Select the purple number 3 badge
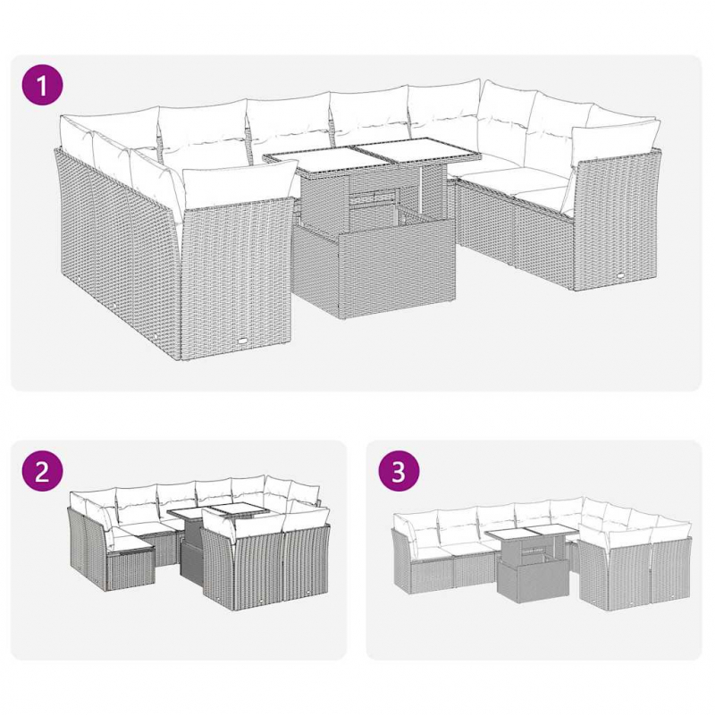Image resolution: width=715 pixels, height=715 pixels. pyautogui.click(x=400, y=474)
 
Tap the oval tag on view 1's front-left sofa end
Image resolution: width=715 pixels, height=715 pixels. pyautogui.click(x=244, y=341)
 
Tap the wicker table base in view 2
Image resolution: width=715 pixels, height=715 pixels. pyautogui.click(x=191, y=559)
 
